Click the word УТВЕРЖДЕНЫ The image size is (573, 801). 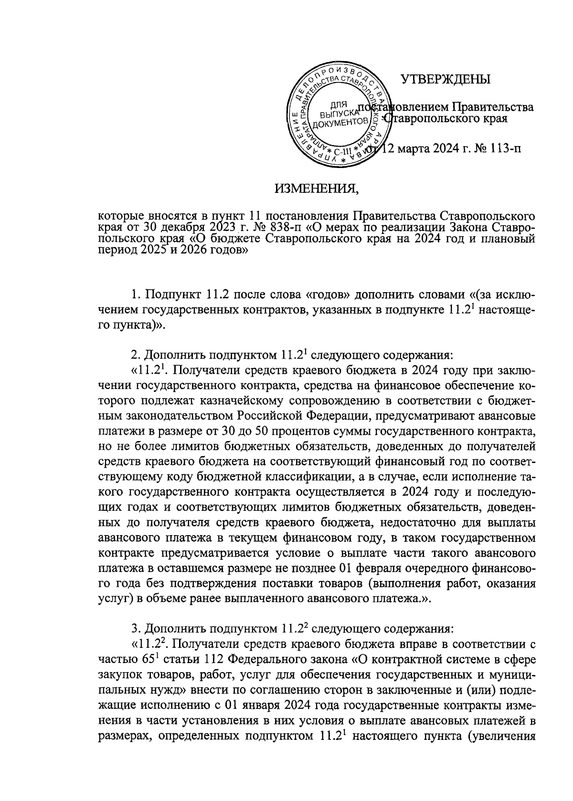coord(446,79)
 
